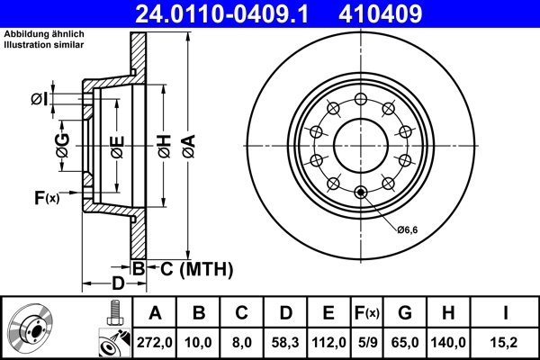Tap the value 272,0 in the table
pyautogui.click(x=154, y=343)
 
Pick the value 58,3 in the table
pyautogui.click(x=286, y=343)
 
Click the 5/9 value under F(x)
pyautogui.click(x=365, y=343)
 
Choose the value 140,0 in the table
pyautogui.click(x=449, y=343)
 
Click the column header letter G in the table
pyautogui.click(x=405, y=313)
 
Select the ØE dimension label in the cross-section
pyautogui.click(x=118, y=145)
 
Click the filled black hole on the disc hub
pyautogui.click(x=362, y=191)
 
